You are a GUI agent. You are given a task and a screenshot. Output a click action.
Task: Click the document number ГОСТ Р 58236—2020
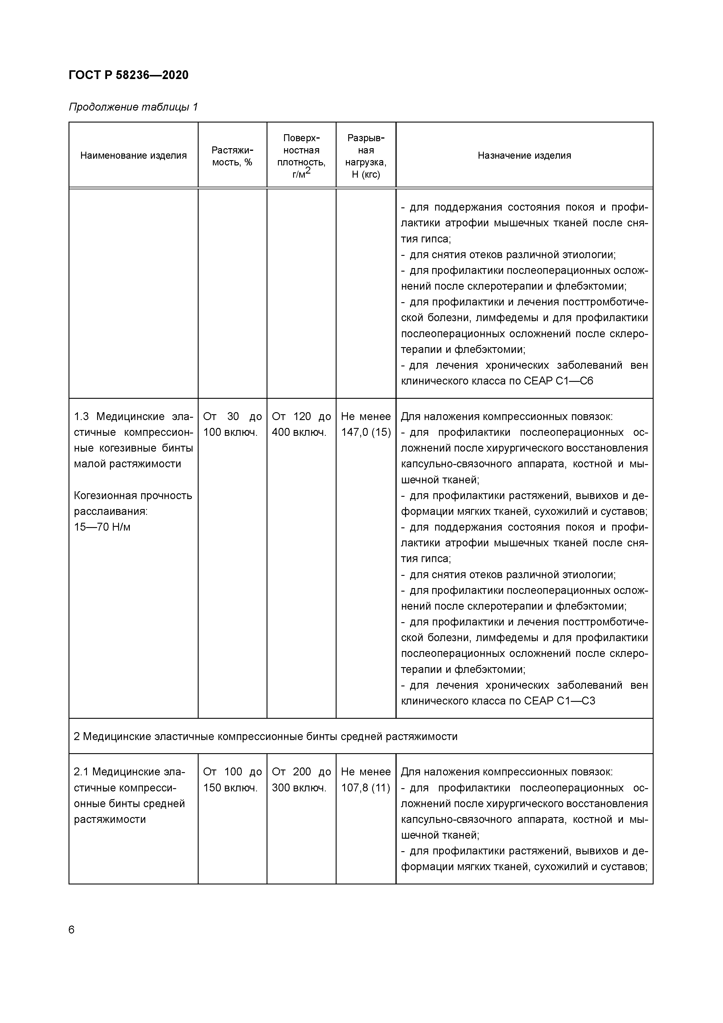point(128,75)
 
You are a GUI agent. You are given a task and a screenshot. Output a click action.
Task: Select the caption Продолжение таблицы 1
point(133,107)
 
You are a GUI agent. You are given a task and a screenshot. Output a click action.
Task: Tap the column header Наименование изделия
point(133,155)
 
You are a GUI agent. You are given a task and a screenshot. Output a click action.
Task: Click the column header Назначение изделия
point(524,155)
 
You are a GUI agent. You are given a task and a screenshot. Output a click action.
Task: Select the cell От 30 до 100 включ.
point(232,424)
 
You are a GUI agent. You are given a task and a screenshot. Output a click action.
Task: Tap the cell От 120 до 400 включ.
point(301,424)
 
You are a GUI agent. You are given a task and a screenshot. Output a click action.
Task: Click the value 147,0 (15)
point(366,432)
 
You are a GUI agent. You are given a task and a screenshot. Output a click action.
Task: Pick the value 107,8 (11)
point(366,788)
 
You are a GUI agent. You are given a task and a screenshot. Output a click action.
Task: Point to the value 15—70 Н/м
point(102,527)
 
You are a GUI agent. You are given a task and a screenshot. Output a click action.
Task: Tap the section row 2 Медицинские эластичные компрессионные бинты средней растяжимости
point(265,737)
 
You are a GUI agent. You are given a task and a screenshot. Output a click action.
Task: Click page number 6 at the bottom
point(72,930)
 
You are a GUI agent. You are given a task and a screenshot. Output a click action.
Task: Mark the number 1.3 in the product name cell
point(82,417)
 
